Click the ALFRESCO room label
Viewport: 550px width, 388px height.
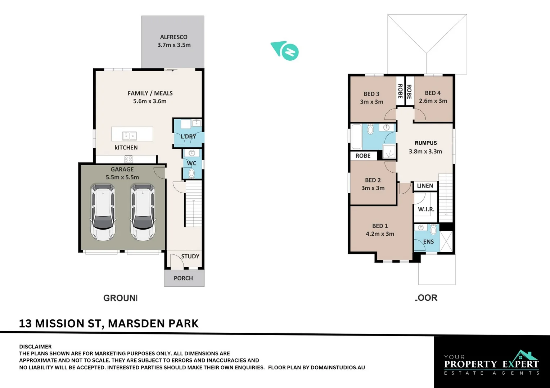(x=173, y=37)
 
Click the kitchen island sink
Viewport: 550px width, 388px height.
(x=129, y=136)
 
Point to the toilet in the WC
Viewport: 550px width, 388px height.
(x=191, y=173)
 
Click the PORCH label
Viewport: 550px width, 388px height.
(x=183, y=278)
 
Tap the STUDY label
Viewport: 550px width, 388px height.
(x=190, y=256)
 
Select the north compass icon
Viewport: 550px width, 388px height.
(x=285, y=51)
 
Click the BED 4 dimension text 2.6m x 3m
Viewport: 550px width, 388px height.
(x=433, y=101)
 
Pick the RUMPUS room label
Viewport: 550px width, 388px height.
(x=425, y=143)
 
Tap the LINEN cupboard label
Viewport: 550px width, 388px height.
(x=425, y=186)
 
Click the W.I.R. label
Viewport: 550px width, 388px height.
(x=426, y=209)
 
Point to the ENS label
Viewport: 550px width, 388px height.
(x=428, y=241)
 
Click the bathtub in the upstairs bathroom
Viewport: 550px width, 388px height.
(x=356, y=137)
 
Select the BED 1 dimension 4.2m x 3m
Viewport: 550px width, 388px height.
(x=380, y=234)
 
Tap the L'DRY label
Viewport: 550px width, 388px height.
(x=188, y=137)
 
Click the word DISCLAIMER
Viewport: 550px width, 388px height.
(x=35, y=347)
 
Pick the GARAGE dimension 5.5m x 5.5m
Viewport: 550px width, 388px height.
(x=122, y=177)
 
